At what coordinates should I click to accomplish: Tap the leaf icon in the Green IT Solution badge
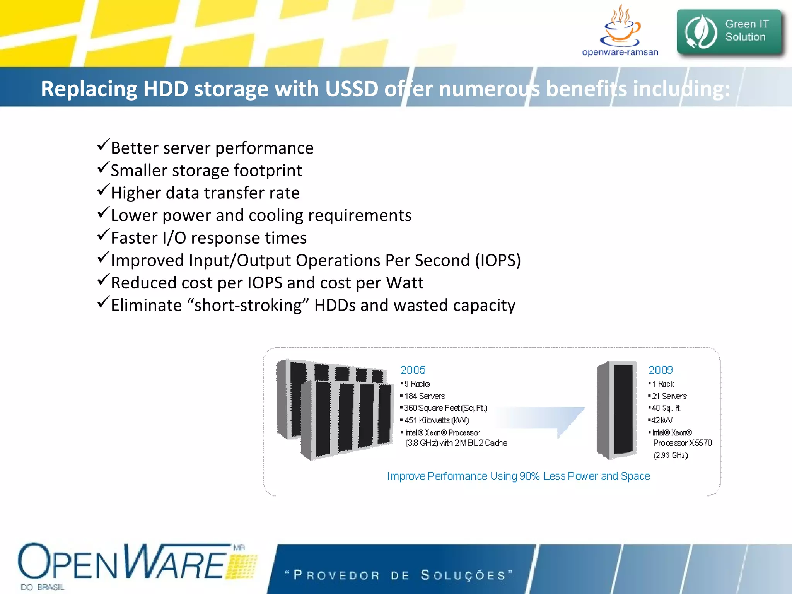click(x=701, y=32)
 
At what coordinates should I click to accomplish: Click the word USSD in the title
click(x=352, y=89)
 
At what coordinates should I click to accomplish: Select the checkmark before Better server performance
click(x=103, y=145)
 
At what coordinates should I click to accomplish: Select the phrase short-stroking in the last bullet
click(x=248, y=306)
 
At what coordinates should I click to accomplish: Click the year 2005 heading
click(x=413, y=370)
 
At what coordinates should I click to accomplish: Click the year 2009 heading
click(x=661, y=370)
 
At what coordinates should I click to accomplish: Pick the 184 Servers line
click(x=424, y=396)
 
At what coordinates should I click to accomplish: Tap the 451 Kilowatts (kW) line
click(x=436, y=420)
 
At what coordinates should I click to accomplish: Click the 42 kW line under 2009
click(x=661, y=420)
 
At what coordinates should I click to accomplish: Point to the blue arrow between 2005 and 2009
click(x=549, y=420)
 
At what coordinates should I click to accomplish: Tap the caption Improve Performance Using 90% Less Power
click(x=518, y=476)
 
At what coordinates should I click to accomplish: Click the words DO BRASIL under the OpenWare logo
click(x=43, y=587)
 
